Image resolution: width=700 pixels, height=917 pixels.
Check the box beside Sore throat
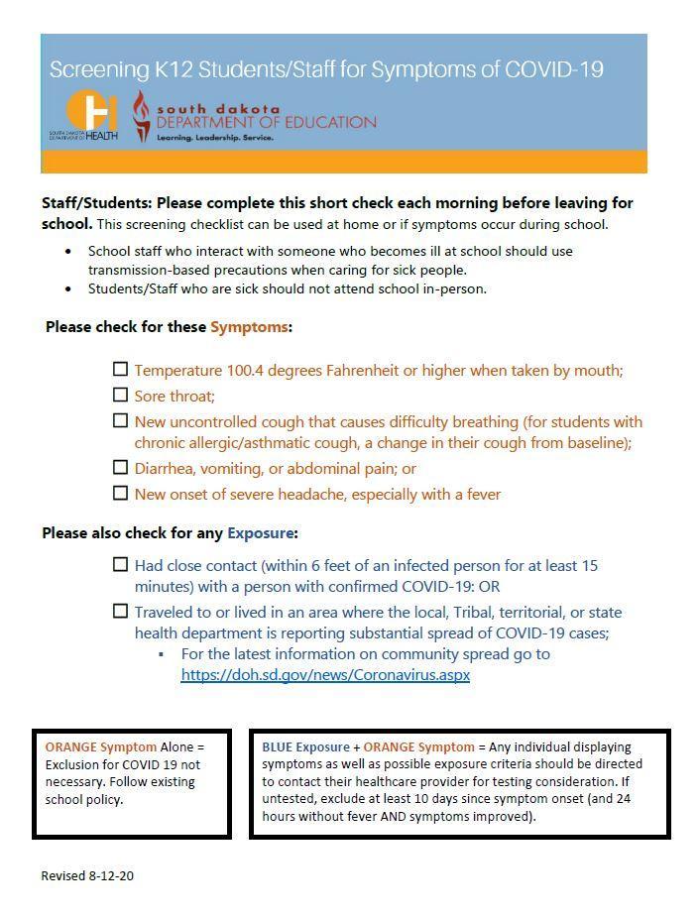[120, 395]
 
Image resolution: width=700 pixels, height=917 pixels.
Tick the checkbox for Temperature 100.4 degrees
[120, 369]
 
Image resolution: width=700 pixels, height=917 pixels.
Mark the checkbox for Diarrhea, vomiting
[120, 467]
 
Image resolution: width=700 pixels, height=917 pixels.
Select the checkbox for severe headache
[120, 493]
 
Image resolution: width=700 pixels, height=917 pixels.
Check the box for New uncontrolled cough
[120, 420]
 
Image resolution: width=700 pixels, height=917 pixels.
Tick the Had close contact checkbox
[120, 564]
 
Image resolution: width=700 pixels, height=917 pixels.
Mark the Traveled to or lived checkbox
[120, 611]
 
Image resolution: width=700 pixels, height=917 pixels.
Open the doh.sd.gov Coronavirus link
[325, 675]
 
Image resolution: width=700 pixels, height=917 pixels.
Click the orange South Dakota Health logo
[91, 112]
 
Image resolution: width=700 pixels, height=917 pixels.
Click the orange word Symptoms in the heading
[249, 327]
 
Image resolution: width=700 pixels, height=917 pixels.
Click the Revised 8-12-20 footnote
[87, 876]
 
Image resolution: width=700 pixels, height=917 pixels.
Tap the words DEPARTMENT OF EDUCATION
[267, 123]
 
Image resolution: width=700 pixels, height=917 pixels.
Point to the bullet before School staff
[68, 252]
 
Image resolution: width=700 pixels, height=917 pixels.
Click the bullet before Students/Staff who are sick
[68, 289]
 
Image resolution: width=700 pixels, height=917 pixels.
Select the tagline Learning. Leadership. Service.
[215, 138]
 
